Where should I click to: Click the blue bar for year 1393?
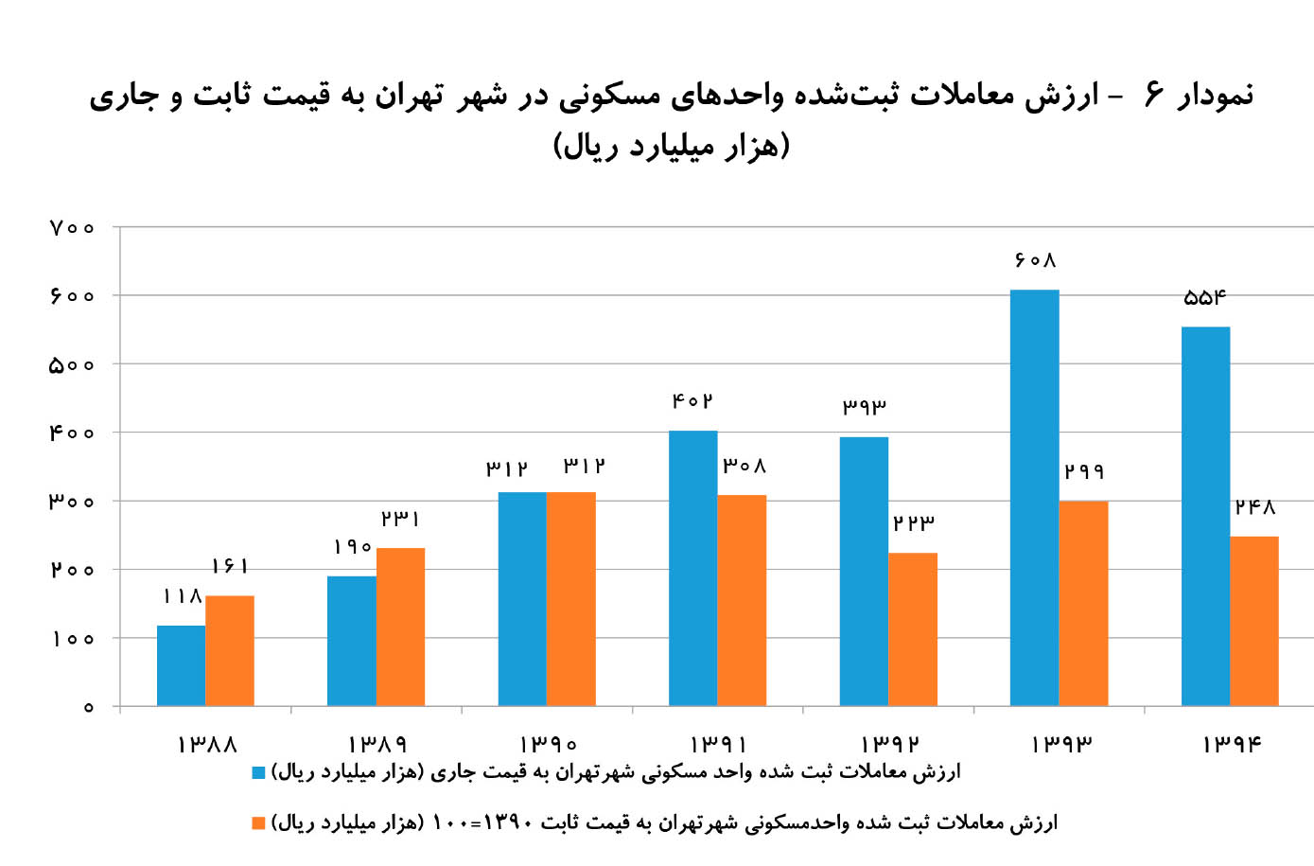[1034, 498]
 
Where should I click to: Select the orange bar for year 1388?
[230, 650]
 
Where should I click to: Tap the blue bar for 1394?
[1205, 516]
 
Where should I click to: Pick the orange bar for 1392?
[913, 628]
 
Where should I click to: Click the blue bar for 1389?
[352, 641]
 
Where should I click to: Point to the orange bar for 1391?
[742, 600]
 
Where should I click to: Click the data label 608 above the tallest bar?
[1035, 260]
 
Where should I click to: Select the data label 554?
[1205, 298]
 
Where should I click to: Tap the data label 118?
[182, 596]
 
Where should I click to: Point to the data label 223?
[913, 522]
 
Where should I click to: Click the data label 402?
[692, 401]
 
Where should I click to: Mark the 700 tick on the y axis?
[72, 228]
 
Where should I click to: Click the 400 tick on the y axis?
[72, 433]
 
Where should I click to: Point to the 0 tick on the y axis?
[88, 707]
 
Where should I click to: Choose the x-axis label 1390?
[548, 745]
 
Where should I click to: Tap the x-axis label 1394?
[1231, 745]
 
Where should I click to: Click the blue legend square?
[258, 772]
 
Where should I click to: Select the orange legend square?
[258, 823]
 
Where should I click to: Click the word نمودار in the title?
[1214, 96]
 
